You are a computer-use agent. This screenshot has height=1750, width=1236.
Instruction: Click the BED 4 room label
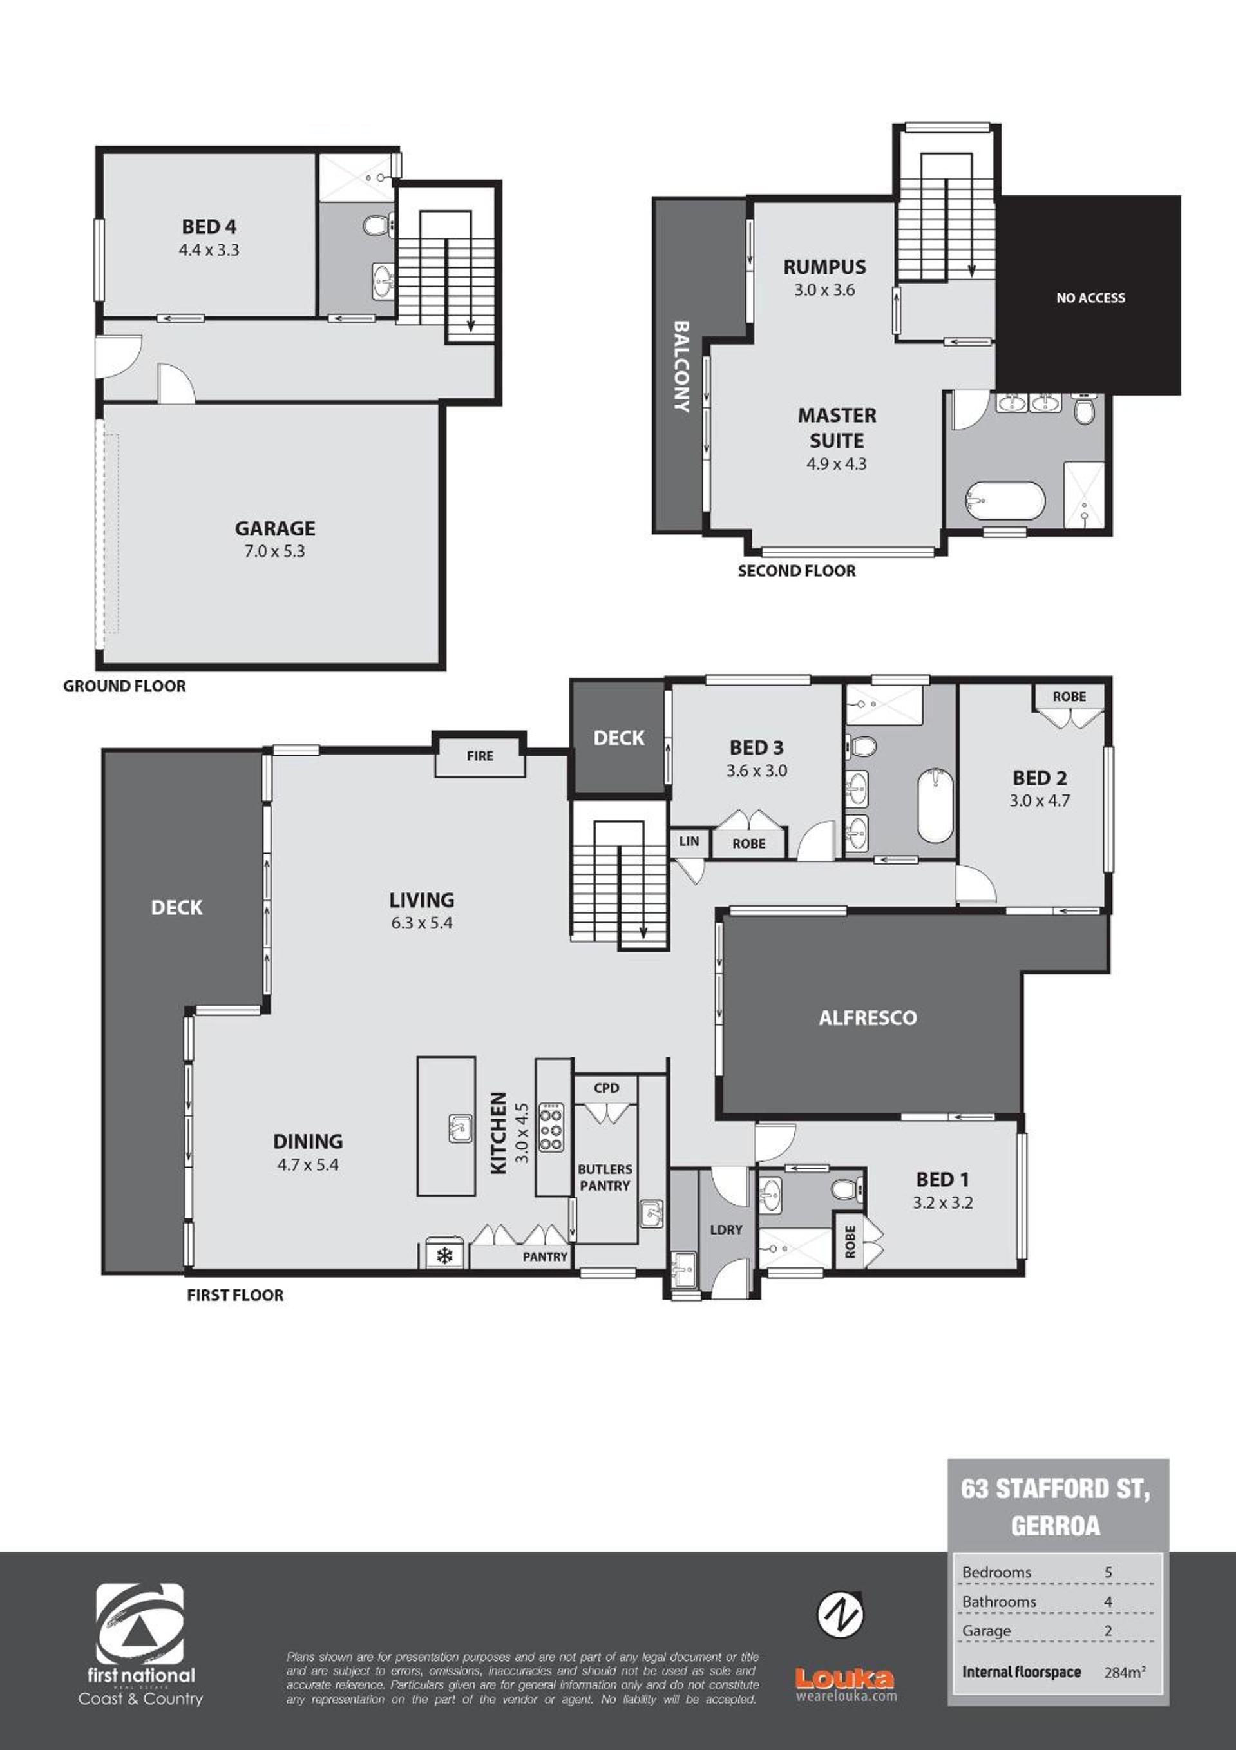tap(209, 226)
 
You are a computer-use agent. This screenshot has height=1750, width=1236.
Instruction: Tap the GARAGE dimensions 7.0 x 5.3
tap(274, 551)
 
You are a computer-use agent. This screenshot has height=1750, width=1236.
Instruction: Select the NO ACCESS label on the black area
tap(1090, 298)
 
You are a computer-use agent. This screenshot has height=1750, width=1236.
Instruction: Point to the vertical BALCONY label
tap(681, 366)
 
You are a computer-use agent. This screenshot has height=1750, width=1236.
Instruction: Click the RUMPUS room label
tap(824, 267)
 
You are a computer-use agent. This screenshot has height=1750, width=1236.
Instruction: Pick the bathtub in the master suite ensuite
tap(1005, 501)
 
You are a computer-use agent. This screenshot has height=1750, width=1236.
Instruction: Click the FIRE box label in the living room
tap(480, 756)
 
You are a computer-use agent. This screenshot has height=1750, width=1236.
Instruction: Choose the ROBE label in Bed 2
tap(1069, 697)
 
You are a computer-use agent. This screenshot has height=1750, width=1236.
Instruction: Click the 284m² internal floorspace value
tap(1125, 1672)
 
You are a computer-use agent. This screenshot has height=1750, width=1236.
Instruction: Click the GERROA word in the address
tap(1056, 1525)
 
